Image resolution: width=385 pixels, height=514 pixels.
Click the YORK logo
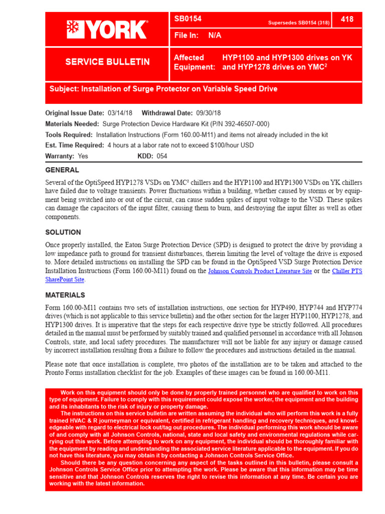[x=107, y=30]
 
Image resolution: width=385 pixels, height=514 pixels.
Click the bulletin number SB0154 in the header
[x=188, y=20]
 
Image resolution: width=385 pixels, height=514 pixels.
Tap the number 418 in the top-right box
[x=347, y=20]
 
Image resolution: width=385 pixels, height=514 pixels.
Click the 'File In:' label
[x=186, y=36]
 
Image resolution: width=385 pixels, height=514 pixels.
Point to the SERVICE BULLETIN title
[x=107, y=62]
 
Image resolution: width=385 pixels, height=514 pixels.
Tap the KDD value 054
[x=162, y=156]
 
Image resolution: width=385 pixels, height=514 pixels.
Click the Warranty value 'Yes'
[x=83, y=156]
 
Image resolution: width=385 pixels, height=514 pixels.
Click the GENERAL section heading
[x=62, y=170]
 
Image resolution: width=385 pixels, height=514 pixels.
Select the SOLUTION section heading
[x=63, y=232]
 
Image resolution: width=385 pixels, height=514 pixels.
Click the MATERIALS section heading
[x=65, y=295]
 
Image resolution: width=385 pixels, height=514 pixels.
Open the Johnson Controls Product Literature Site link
[x=260, y=271]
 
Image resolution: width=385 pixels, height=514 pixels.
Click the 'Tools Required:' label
[x=69, y=135]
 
